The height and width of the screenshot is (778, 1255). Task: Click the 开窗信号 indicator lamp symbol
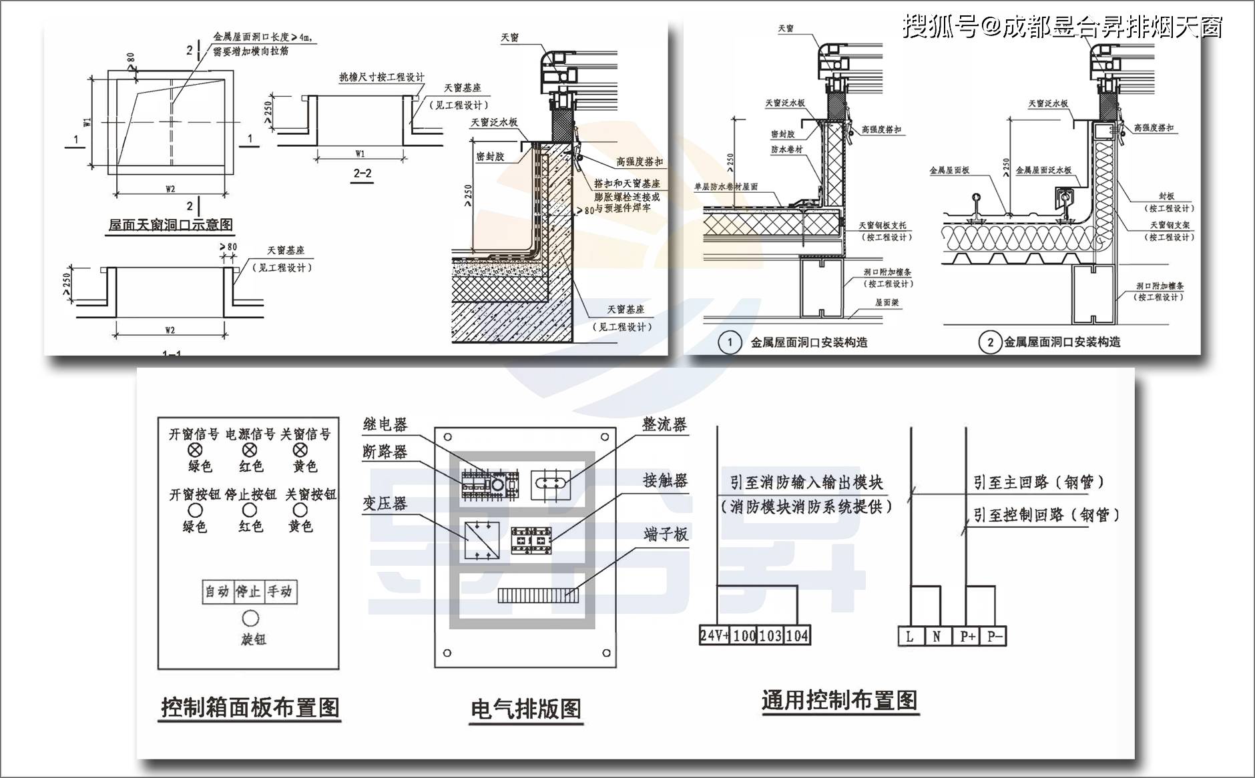pos(195,450)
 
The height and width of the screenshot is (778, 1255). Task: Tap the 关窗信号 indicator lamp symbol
pos(300,450)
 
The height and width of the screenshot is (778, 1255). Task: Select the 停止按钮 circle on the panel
pos(249,510)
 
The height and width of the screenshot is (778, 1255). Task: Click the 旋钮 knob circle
pos(250,619)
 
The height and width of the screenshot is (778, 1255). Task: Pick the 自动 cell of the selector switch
pos(217,592)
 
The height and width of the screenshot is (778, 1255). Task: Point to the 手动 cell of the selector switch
pos(280,592)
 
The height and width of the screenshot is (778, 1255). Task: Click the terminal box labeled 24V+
pos(714,635)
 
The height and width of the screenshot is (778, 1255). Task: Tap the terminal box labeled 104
pos(797,635)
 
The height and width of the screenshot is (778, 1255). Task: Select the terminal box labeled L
pos(910,637)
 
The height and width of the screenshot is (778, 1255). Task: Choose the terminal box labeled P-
pos(994,637)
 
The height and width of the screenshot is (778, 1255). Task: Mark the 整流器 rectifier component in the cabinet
pos(551,483)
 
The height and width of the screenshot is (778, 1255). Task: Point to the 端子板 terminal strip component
pos(537,595)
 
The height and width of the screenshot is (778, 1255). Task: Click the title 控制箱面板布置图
pos(250,707)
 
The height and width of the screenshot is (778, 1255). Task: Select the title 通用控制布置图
pos(839,701)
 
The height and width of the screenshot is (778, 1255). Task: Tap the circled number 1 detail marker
pos(730,342)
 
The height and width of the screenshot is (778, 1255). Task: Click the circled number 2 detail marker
pos(990,342)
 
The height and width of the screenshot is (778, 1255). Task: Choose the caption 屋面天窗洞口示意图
pos(171,225)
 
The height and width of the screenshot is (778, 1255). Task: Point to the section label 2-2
pos(362,173)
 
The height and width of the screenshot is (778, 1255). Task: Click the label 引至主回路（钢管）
pos(1039,482)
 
